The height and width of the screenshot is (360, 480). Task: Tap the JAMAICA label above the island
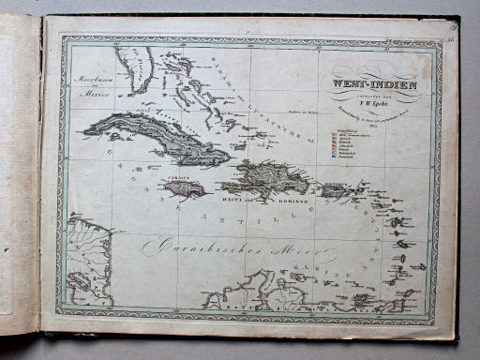178,175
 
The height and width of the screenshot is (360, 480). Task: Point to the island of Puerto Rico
335,190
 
